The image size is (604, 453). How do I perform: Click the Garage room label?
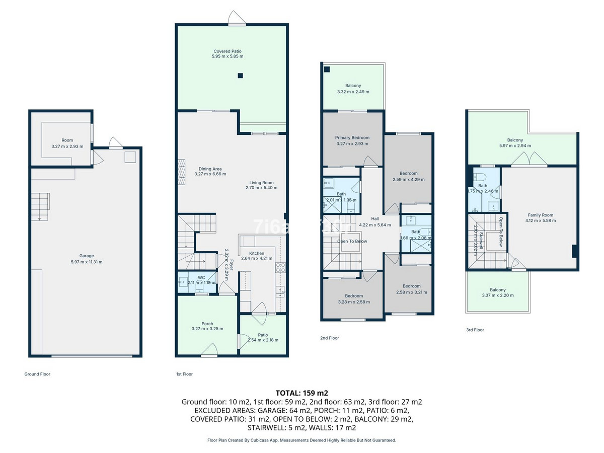[x=86, y=256]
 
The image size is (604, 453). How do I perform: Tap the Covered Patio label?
[x=227, y=51]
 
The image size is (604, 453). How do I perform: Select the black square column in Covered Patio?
[x=240, y=76]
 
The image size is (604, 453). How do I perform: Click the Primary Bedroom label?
[x=352, y=137]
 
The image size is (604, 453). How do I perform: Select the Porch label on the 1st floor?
[x=207, y=324]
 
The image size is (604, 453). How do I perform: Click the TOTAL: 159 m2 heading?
[x=301, y=393]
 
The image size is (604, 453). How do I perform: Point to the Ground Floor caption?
[x=37, y=374]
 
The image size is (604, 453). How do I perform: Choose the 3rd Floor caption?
[x=475, y=330]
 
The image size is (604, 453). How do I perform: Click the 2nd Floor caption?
[x=329, y=338]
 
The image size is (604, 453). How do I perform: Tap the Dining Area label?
[x=210, y=169]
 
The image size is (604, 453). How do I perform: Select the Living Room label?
[x=261, y=183]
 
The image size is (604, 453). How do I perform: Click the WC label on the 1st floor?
[x=201, y=277]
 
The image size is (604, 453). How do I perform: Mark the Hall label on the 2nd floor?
[x=374, y=219]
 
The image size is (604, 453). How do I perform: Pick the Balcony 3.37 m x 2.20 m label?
[x=497, y=290]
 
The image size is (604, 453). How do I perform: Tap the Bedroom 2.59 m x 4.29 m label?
[x=408, y=174]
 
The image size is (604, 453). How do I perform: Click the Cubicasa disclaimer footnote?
[x=301, y=440]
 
